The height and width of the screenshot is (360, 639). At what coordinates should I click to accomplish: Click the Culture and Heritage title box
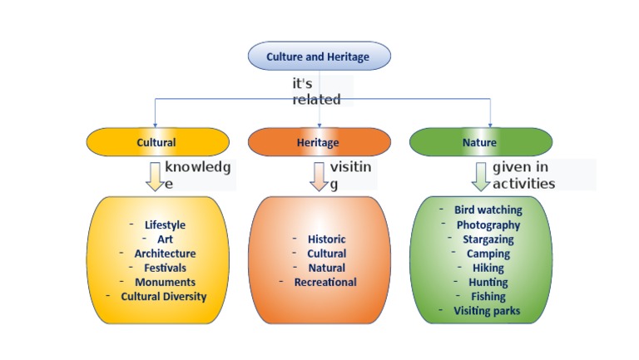point(319,57)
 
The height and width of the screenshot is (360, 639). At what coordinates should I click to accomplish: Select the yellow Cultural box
point(157,142)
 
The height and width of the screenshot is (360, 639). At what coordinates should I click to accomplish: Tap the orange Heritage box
point(319,142)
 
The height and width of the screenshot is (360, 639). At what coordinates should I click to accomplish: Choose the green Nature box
point(479,142)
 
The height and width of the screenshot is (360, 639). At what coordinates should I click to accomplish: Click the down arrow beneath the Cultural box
point(155,176)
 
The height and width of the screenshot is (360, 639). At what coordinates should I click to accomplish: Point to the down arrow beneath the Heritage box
point(319,176)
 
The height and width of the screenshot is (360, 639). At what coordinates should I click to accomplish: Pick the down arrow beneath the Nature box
point(481,176)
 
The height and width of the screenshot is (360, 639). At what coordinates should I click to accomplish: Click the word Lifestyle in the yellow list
point(165,224)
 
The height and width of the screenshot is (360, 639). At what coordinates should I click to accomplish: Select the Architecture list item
point(165,254)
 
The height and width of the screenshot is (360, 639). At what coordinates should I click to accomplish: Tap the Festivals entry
point(165,268)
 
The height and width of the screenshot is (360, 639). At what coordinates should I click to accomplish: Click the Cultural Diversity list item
point(164,296)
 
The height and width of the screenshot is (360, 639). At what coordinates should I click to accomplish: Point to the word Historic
point(326,239)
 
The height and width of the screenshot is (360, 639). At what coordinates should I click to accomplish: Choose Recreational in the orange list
point(325,282)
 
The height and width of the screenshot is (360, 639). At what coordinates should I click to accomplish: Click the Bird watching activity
point(488,210)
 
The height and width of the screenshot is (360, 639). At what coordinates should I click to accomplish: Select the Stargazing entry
point(488,239)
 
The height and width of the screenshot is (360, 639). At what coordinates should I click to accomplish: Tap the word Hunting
point(488,282)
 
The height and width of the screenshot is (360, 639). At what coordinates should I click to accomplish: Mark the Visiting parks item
point(488,310)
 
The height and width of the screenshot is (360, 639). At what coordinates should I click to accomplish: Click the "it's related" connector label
point(316,91)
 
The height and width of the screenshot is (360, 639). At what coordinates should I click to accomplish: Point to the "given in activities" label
point(524,175)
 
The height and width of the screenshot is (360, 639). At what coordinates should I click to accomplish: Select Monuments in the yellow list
point(165,282)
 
